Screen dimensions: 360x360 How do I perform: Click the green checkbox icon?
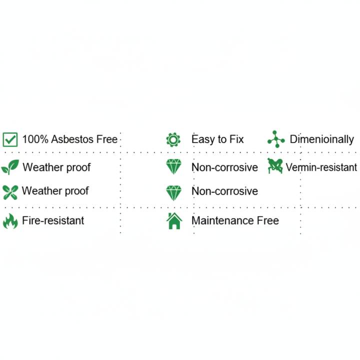tap(10, 139)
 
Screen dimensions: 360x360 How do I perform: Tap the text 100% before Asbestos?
tap(34, 139)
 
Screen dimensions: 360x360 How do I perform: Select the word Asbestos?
tap(71, 139)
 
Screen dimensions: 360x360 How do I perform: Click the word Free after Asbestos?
tap(106, 139)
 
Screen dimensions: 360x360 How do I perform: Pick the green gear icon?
tap(173, 139)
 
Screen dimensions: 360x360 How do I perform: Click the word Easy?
tap(203, 139)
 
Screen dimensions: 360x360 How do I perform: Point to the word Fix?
tap(236, 139)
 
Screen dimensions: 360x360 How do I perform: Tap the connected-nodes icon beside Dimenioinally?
tap(275, 139)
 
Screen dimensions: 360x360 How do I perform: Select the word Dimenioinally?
tap(321, 139)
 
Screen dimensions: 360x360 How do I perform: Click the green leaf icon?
tap(10, 167)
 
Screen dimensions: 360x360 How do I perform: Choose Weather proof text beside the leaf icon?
tap(56, 167)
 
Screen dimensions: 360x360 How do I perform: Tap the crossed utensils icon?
tap(10, 191)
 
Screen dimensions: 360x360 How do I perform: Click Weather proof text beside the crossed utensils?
tap(55, 191)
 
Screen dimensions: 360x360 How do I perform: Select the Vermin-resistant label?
tap(321, 167)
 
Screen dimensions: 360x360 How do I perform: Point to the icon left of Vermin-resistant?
tap(275, 165)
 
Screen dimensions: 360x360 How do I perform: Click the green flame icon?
tap(10, 220)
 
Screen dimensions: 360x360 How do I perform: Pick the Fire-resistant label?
tap(53, 220)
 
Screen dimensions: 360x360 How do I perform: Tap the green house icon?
tap(174, 220)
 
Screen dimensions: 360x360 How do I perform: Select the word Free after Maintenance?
tap(268, 220)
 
